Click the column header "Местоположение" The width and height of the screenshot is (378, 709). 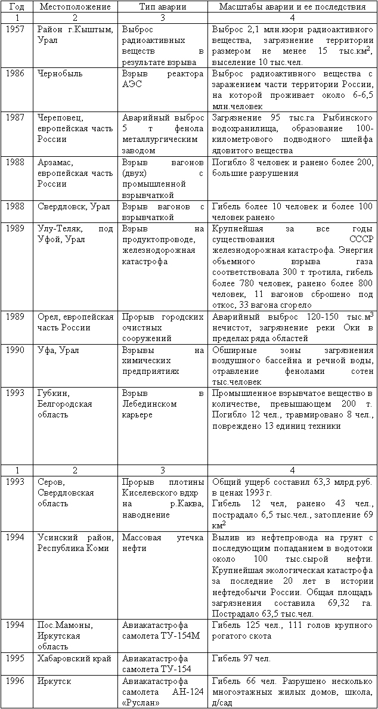[75, 7]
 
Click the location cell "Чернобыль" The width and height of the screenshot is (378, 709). [60, 73]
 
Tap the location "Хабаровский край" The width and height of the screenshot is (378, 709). [73, 659]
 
